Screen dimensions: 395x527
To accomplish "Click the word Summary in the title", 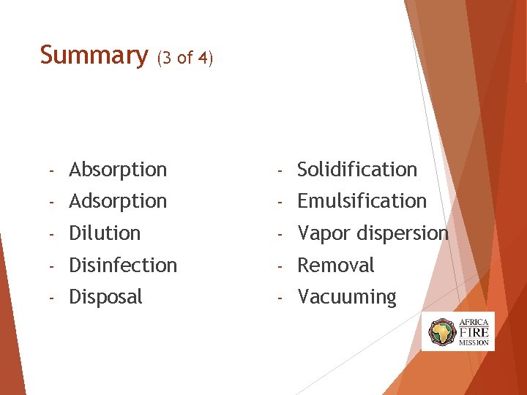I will click(x=93, y=56).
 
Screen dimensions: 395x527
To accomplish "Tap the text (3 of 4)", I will click(x=185, y=58).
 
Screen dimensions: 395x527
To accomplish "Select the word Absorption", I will click(x=118, y=170).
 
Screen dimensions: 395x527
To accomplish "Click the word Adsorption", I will click(x=118, y=201).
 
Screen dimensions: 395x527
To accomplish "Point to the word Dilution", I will click(x=105, y=233).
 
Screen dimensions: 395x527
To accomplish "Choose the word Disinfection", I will click(x=123, y=265).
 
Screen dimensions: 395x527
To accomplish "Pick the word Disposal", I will click(x=105, y=297).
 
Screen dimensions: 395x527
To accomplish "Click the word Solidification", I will click(x=357, y=170).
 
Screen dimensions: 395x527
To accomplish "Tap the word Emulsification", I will click(x=362, y=201).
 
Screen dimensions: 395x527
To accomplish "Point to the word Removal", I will click(x=335, y=265).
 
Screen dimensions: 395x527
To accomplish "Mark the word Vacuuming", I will click(x=346, y=298).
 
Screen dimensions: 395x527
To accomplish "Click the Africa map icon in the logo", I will click(x=442, y=332).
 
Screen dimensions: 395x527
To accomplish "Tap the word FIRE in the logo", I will click(x=474, y=331).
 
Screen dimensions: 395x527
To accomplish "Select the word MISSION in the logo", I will click(x=474, y=342).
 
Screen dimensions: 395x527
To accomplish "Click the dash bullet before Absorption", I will click(x=52, y=170).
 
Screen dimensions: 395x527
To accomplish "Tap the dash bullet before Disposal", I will click(x=52, y=298).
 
